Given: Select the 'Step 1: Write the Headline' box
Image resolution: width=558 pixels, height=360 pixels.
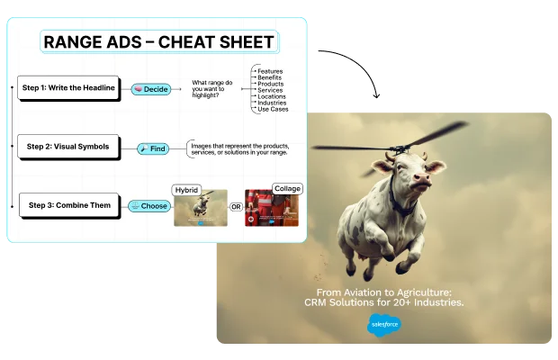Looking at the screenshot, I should pyautogui.click(x=68, y=88).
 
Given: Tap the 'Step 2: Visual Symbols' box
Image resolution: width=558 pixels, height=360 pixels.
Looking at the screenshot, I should pyautogui.click(x=68, y=146).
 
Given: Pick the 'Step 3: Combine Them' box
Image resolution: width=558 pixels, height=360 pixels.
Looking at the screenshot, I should pyautogui.click(x=69, y=205).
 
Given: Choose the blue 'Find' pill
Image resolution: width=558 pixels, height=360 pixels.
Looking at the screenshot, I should pyautogui.click(x=153, y=148).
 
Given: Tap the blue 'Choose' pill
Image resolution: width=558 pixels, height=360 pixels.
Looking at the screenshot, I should pyautogui.click(x=149, y=206).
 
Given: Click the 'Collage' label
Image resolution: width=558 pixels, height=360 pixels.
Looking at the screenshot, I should pyautogui.click(x=287, y=188).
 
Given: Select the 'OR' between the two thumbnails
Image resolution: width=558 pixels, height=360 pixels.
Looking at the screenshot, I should pyautogui.click(x=236, y=207).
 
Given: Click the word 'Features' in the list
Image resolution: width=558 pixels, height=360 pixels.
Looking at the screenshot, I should pyautogui.click(x=270, y=71).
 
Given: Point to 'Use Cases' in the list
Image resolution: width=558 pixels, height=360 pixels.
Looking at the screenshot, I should pyautogui.click(x=273, y=109).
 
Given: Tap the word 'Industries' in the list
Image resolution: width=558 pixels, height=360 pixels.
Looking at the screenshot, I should pyautogui.click(x=273, y=103).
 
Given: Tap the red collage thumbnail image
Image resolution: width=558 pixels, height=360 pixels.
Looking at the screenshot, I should pyautogui.click(x=271, y=208).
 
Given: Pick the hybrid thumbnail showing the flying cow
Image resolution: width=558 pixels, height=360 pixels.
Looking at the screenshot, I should pyautogui.click(x=201, y=209).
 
